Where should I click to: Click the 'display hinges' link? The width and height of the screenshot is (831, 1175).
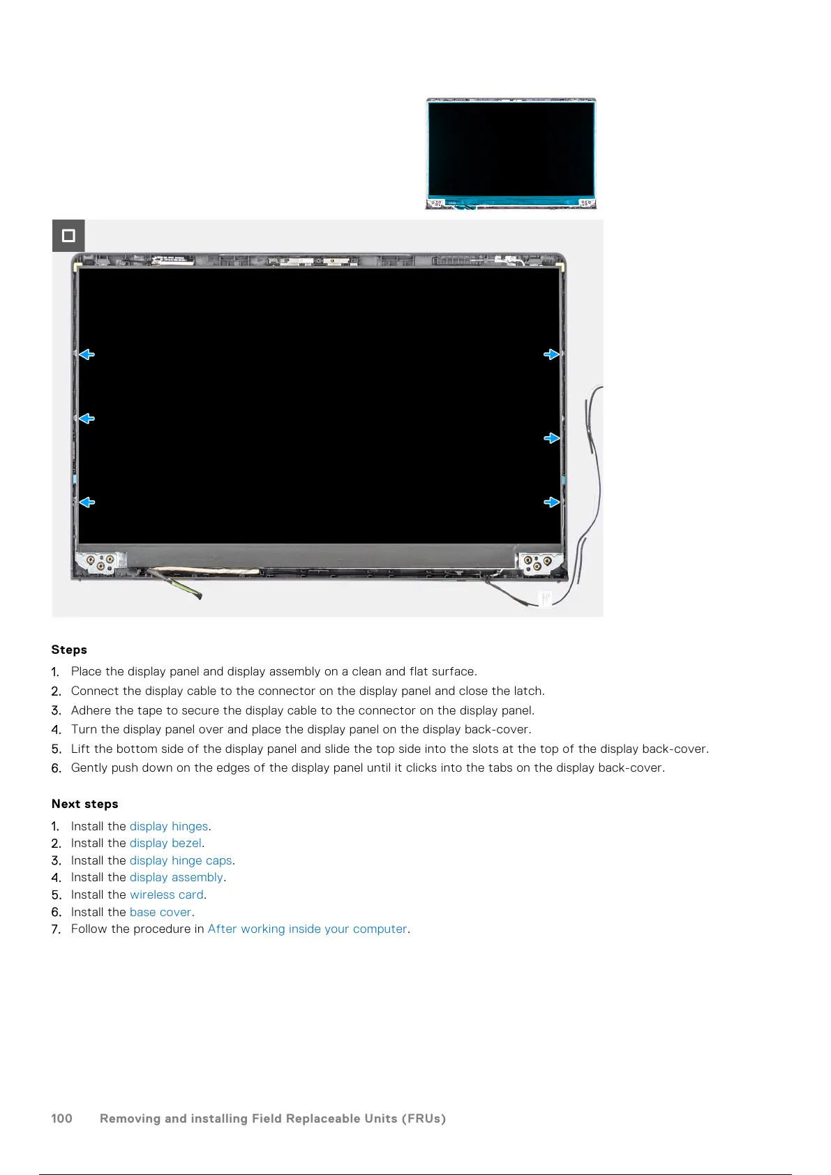(169, 826)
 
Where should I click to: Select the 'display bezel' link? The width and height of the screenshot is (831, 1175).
(165, 843)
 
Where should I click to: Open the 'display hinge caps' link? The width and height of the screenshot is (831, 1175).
(181, 860)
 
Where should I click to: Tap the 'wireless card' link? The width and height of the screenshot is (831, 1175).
(167, 895)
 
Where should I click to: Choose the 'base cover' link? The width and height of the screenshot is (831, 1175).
(160, 912)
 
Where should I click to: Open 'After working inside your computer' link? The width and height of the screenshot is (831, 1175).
(307, 929)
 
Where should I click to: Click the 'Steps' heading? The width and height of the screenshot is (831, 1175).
(69, 650)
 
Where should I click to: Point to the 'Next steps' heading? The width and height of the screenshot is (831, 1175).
(85, 804)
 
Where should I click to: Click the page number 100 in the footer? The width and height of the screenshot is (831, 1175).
(62, 1118)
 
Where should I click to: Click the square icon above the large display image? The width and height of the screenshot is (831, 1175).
(68, 236)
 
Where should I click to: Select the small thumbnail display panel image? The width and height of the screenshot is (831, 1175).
(511, 154)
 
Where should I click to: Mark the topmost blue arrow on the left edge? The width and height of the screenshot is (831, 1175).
(87, 354)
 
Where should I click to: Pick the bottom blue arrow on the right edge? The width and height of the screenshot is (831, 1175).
(551, 502)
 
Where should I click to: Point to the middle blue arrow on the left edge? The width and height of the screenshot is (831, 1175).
(87, 419)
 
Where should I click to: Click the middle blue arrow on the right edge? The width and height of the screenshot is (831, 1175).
(551, 438)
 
